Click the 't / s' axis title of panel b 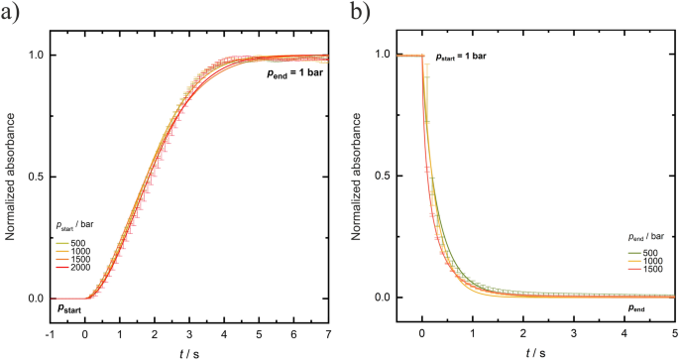(x=536, y=350)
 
